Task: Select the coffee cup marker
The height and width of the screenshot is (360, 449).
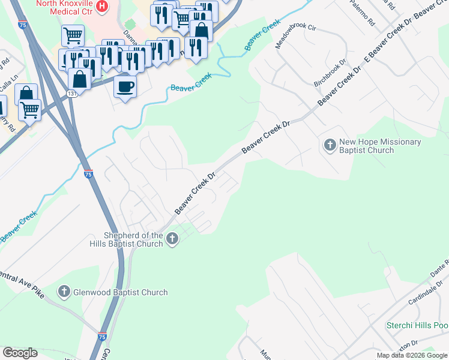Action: pos(125,86)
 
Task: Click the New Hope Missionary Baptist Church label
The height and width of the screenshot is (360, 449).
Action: pos(380,146)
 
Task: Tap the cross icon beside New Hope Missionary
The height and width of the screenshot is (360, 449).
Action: pos(330,145)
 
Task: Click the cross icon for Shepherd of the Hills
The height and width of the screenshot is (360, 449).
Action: pos(172,239)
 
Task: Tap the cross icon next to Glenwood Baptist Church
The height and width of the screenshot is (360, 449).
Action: pos(64,292)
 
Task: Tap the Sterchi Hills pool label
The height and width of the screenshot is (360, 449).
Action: pos(417,326)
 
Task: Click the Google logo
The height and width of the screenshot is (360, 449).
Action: pos(20,353)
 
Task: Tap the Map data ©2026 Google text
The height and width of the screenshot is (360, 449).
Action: pos(412,356)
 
